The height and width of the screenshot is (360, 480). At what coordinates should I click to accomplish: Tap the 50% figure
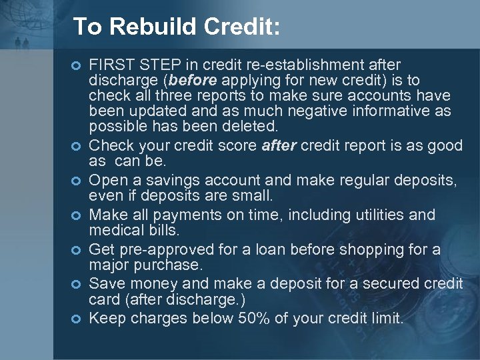coord(254,318)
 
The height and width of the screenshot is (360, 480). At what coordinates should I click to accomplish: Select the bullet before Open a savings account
coord(76,181)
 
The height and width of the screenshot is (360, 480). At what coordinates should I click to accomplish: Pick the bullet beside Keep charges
coord(76,319)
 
